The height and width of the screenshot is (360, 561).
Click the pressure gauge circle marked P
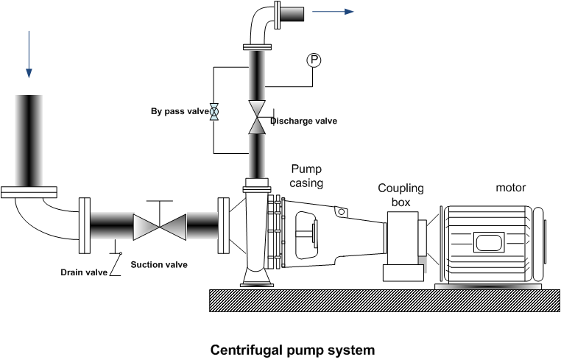point(313,60)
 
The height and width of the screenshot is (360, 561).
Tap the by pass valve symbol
point(214,111)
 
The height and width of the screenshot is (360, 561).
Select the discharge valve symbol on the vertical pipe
point(256,118)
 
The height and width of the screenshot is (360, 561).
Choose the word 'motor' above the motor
point(510,187)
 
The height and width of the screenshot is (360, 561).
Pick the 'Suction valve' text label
point(159,265)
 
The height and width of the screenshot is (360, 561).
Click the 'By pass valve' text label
point(180,111)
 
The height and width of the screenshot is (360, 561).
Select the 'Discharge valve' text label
point(303,121)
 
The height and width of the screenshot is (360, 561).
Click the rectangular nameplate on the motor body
point(487,241)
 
